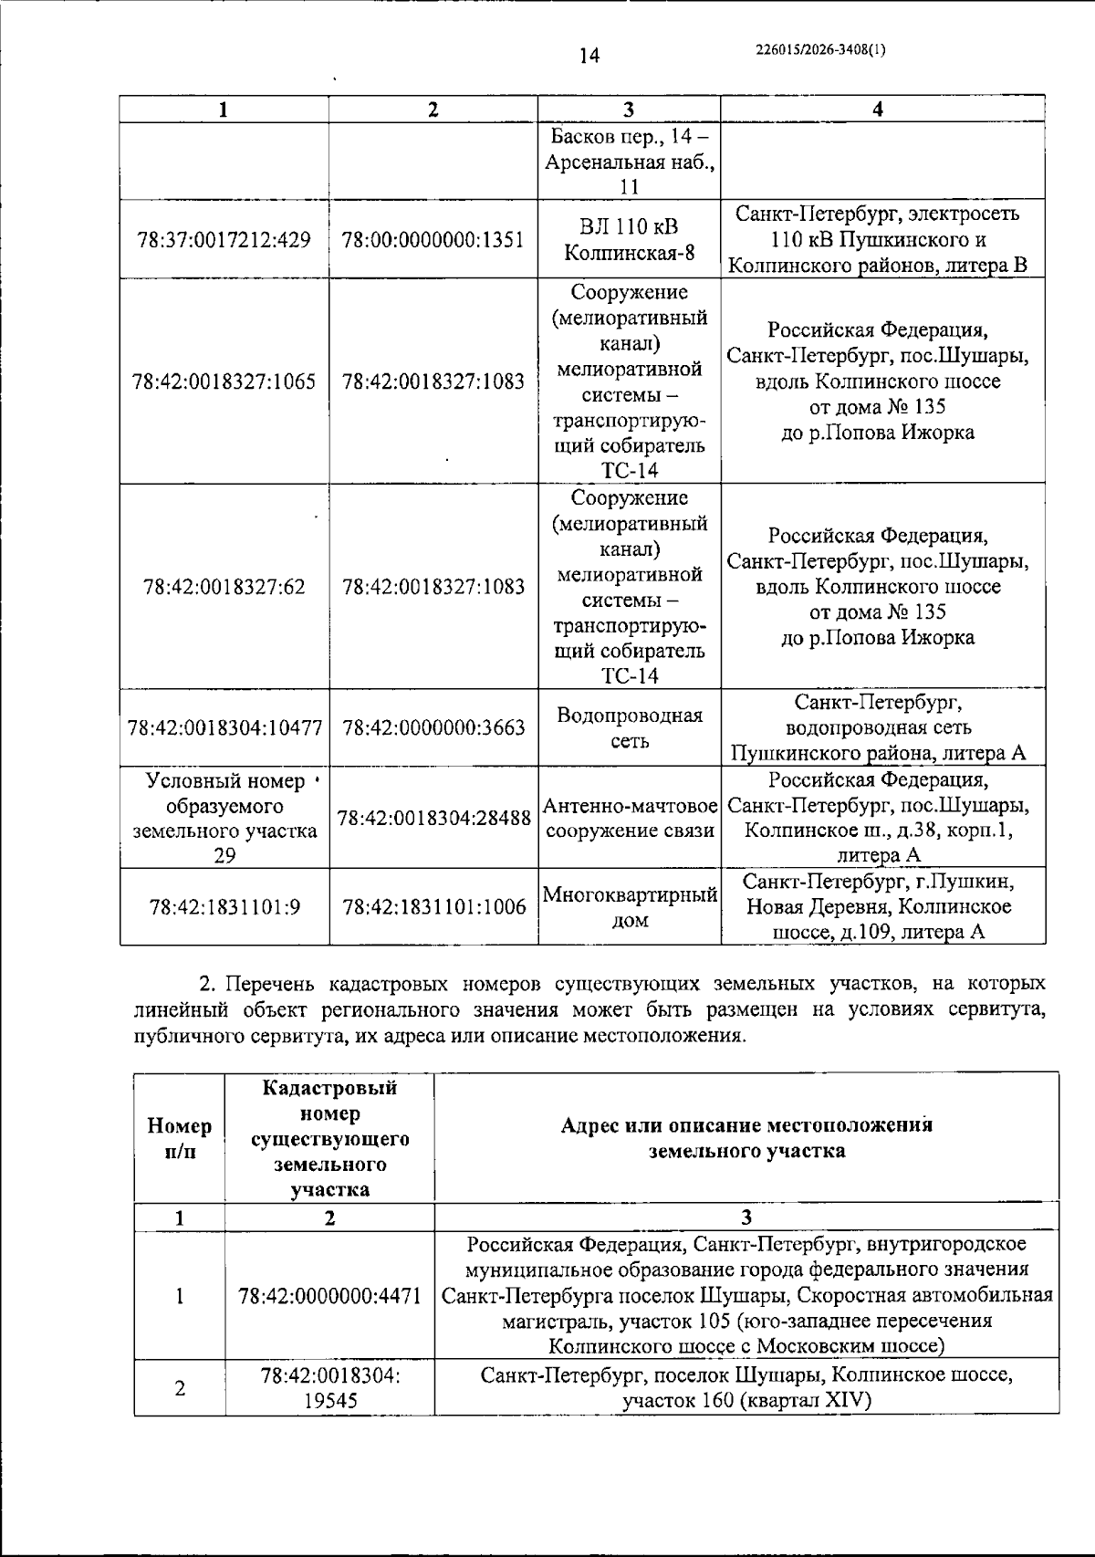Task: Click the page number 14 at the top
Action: click(x=589, y=56)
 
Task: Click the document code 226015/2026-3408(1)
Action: click(x=820, y=51)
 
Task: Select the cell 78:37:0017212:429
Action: click(x=224, y=240)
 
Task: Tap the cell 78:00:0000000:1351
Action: click(x=433, y=240)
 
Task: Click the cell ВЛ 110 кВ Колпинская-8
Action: click(x=629, y=240)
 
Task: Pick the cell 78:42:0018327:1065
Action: click(x=224, y=381)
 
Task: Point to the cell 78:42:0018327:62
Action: click(x=224, y=586)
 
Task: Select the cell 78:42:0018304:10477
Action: click(x=224, y=727)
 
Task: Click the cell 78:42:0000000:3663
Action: click(x=433, y=727)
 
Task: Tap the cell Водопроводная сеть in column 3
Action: click(x=629, y=727)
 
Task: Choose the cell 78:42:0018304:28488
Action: click(x=433, y=818)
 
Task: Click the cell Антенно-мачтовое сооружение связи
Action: click(x=629, y=818)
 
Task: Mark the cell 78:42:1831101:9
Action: click(x=224, y=906)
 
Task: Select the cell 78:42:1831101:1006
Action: click(x=433, y=906)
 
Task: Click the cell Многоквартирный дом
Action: click(x=629, y=906)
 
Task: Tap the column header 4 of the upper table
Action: click(x=878, y=109)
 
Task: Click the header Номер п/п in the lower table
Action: click(x=180, y=1138)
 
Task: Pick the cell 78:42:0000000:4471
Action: click(x=329, y=1295)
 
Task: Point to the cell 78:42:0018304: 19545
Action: click(x=329, y=1387)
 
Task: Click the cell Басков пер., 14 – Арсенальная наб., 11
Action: click(x=629, y=162)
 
